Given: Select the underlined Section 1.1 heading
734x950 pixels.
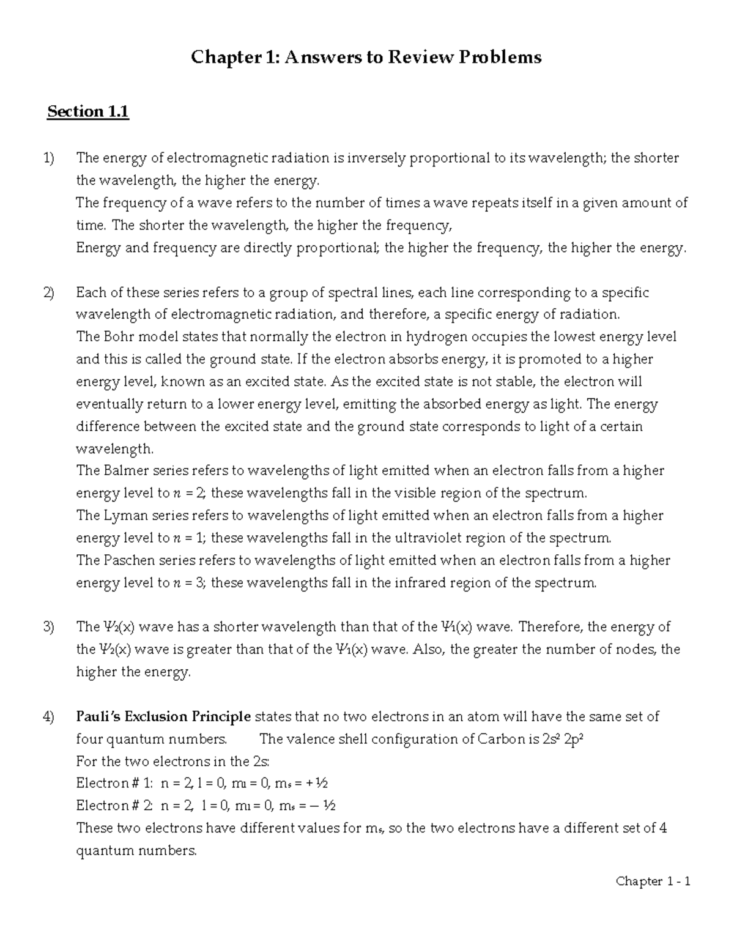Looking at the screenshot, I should [88, 112].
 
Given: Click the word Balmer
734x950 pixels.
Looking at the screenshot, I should [125, 471].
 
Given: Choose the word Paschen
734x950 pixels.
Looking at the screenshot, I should [129, 560].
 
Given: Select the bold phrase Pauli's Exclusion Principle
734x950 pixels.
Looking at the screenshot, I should [163, 716].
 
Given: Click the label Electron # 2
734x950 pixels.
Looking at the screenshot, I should [116, 806].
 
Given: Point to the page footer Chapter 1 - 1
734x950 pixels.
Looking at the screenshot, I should [653, 881].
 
